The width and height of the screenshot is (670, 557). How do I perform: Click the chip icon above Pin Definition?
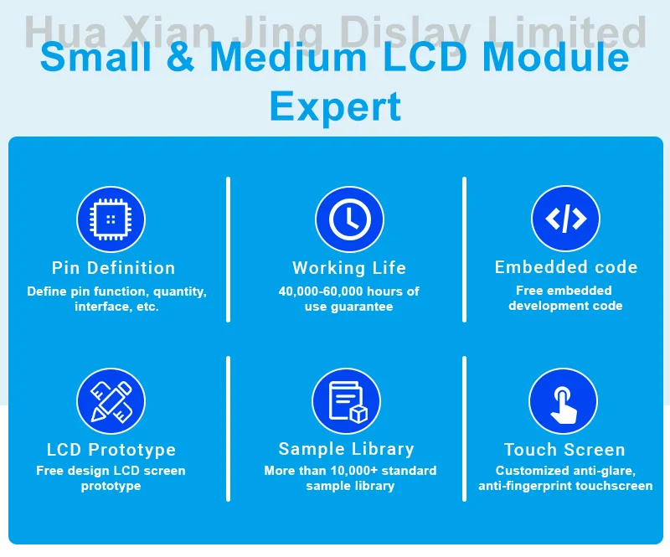111,220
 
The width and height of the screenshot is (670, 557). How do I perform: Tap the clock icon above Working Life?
349,220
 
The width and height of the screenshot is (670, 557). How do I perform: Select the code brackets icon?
565,219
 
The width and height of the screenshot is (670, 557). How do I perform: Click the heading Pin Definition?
113,268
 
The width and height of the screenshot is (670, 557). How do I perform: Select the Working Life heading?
349,268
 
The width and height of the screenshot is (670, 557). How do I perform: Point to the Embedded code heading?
566,267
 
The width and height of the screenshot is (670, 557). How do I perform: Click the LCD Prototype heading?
111,450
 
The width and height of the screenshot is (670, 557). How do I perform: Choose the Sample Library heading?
346,449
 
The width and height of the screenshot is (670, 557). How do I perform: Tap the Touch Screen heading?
564,450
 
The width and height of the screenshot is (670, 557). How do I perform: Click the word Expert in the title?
335,107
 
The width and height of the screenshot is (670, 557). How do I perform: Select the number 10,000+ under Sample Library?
362,471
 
